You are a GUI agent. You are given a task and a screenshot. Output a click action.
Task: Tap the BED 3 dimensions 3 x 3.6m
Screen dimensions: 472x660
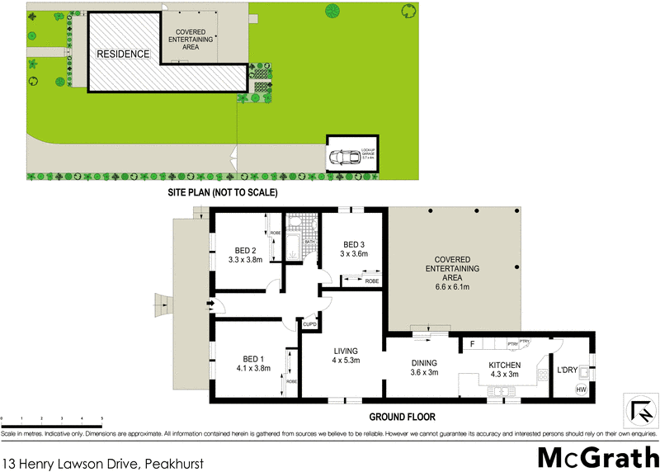[x=353, y=254]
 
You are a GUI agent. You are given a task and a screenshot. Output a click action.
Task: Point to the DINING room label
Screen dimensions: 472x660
[x=424, y=362]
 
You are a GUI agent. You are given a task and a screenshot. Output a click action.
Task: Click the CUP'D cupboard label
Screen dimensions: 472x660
[x=311, y=323]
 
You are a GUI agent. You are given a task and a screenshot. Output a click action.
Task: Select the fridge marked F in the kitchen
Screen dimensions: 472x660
[x=472, y=342]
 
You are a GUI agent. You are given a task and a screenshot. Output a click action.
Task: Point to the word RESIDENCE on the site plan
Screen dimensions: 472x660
[x=123, y=54]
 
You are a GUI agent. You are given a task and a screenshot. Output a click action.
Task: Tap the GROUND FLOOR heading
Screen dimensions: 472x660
[x=402, y=417]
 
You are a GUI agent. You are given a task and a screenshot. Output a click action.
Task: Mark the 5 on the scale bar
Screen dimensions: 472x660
[x=102, y=420]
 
